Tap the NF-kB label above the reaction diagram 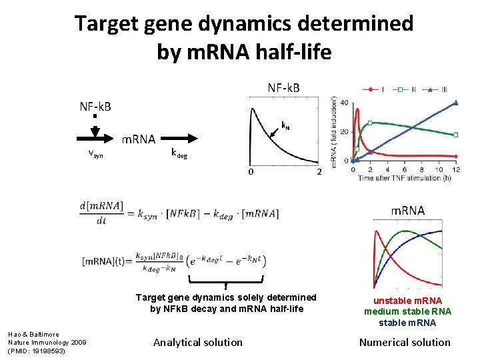(95, 107)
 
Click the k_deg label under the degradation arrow (179, 153)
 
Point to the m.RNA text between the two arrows (138, 139)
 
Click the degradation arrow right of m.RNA (181, 139)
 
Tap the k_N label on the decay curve (285, 125)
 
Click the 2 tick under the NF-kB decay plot (319, 173)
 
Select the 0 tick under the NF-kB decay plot (251, 173)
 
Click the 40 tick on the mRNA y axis (344, 102)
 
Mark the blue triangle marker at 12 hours (456, 103)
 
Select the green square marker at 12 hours (456, 135)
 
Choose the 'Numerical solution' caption (405, 342)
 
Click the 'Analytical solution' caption (198, 342)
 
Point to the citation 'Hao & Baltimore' (33, 334)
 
